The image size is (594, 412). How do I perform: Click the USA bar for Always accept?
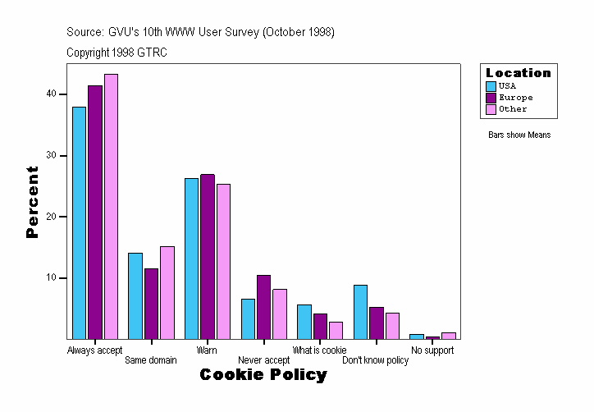point(79,222)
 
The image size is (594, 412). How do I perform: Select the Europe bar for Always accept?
point(95,212)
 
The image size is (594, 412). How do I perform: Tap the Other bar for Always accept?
point(111,206)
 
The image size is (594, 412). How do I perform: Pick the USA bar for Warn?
point(191,259)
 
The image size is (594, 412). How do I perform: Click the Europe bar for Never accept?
point(263,307)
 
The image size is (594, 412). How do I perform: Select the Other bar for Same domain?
point(167,292)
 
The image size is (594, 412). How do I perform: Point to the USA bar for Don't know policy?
point(360,312)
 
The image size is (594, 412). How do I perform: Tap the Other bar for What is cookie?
point(336,330)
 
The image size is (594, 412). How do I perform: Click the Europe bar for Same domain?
point(151,304)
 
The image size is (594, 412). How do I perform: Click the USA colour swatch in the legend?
point(491,86)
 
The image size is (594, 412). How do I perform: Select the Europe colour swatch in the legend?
point(491,98)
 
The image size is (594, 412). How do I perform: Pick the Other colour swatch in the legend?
point(491,109)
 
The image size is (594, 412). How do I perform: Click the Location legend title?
point(519,73)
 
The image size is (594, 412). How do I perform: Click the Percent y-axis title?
point(33,202)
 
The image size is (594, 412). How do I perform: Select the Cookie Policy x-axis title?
point(263,375)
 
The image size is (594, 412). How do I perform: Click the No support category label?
point(432,350)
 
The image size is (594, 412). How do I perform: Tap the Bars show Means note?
point(519,135)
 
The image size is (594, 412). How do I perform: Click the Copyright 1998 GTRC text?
point(117,53)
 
